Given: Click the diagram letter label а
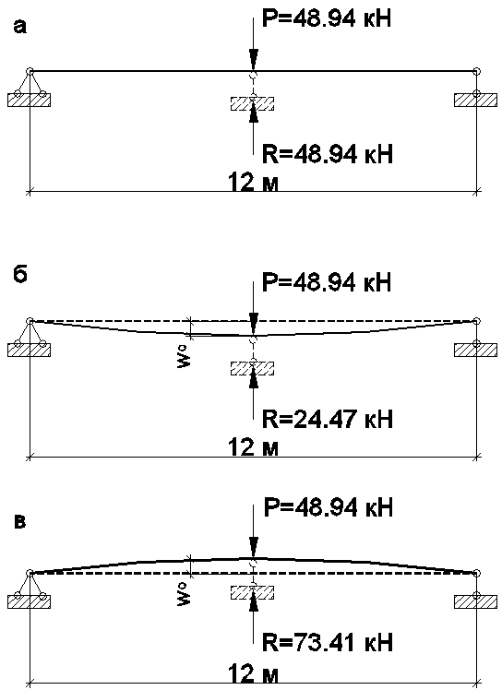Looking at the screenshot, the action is (x=20, y=28).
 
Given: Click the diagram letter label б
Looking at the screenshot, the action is (x=20, y=275).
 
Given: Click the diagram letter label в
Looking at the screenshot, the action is (x=20, y=523).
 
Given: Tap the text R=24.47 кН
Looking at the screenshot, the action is (x=328, y=419).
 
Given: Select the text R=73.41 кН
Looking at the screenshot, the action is (x=328, y=642).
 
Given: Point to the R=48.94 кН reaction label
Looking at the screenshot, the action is (x=328, y=154).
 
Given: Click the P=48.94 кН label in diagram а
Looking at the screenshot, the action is (x=327, y=19).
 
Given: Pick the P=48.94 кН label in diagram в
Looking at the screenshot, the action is (x=329, y=508).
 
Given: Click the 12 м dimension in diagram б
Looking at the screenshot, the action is (x=253, y=447).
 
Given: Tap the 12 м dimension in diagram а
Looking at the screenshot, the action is (x=253, y=182).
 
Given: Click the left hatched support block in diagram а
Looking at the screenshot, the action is (x=29, y=100).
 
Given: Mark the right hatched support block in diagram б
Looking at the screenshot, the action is (x=475, y=350).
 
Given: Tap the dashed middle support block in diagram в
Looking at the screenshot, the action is (x=252, y=593).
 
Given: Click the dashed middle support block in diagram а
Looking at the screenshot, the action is (x=252, y=103).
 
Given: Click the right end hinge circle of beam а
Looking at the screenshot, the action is (x=476, y=71).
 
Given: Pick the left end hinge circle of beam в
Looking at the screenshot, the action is (x=30, y=573).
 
